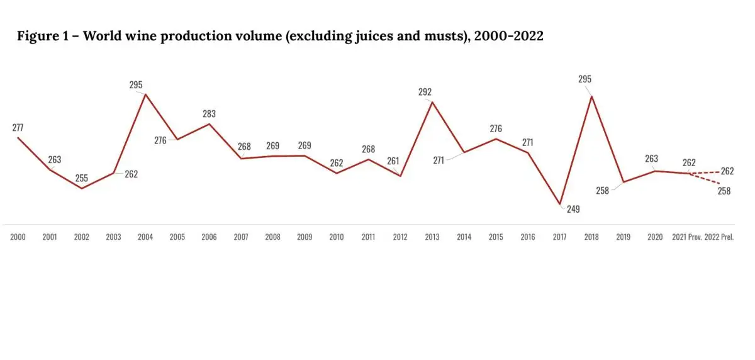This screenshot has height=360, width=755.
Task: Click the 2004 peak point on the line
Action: click(146, 94)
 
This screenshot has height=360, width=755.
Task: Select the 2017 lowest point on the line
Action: click(560, 205)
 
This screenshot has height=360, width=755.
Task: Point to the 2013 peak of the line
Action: click(432, 102)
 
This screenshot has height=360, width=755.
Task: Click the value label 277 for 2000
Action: click(18, 128)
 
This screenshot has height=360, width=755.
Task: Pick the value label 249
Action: click(573, 210)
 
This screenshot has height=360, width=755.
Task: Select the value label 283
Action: click(210, 114)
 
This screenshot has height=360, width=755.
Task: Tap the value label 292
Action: click(425, 92)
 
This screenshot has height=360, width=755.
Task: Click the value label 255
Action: click(82, 178)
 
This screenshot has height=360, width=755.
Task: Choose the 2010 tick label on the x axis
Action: click(337, 237)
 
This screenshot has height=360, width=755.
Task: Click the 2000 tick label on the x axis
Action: click(18, 237)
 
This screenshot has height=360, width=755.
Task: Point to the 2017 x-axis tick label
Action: click(559, 237)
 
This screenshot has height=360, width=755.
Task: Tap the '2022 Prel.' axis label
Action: click(720, 237)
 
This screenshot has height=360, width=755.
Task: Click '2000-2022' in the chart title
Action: click(508, 37)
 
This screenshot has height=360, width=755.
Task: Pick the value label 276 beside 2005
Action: click(160, 140)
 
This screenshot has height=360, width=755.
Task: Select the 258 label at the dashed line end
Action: click(724, 191)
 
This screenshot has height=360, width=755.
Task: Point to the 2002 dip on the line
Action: click(82, 188)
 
